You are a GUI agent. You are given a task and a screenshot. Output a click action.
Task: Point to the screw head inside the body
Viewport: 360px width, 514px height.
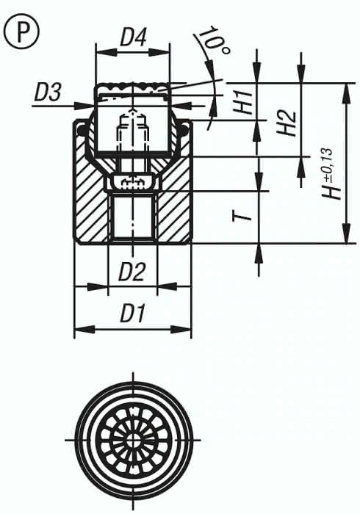click(x=133, y=181)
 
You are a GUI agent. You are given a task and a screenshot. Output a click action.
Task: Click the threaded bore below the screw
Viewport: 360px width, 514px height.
click(x=133, y=217)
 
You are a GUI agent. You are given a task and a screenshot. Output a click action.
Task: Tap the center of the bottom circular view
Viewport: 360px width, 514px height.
click(x=133, y=439)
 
